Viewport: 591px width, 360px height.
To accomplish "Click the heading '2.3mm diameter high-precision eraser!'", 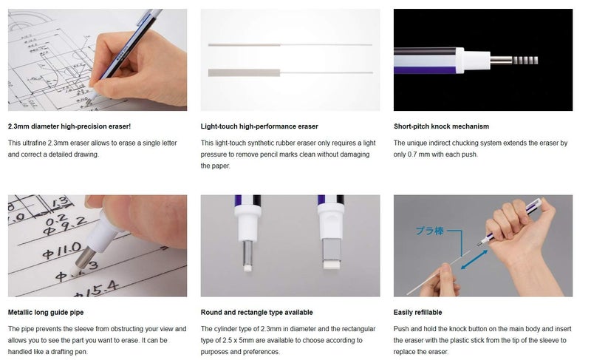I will click(69, 126).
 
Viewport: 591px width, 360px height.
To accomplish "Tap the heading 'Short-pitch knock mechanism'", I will click(441, 126).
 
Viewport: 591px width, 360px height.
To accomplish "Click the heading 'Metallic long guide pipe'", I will click(46, 313).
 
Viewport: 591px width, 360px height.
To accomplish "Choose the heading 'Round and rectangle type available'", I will click(256, 313).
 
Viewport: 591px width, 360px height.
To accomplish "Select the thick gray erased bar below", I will click(244, 72).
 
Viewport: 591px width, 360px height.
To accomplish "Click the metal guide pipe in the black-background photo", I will click(503, 59).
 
